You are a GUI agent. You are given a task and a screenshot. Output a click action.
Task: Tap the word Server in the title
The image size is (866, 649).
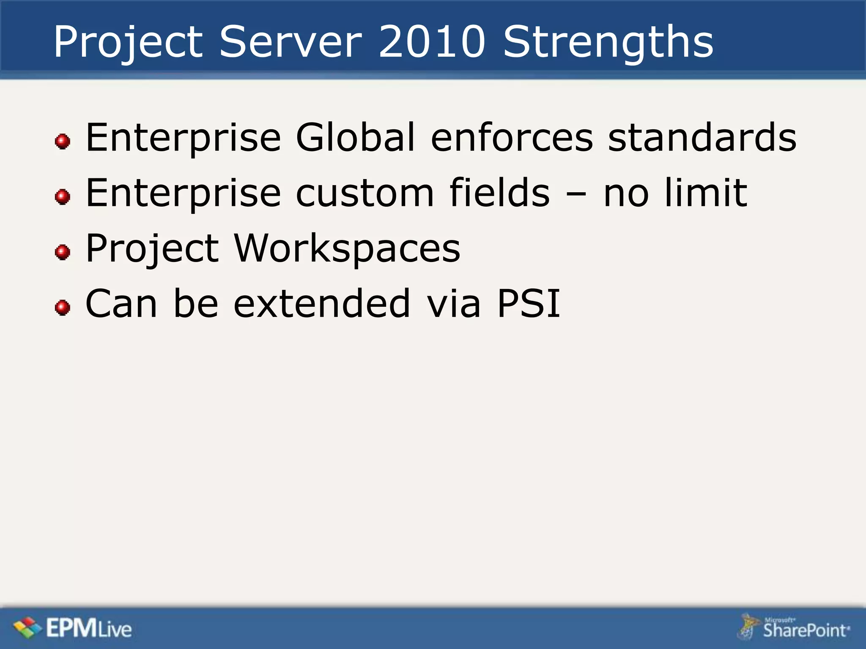(x=290, y=42)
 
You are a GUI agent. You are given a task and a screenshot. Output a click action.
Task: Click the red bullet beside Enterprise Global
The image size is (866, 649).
(x=63, y=141)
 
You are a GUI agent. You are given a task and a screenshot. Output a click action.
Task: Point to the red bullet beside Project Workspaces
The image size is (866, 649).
(x=63, y=252)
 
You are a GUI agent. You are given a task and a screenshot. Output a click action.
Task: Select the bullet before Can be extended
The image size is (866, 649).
(x=63, y=307)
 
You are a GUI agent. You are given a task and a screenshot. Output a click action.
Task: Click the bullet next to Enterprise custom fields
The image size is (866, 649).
(x=63, y=196)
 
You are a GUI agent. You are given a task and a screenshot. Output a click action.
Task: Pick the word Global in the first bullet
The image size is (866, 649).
(x=355, y=137)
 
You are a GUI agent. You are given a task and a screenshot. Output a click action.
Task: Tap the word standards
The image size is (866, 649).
(x=702, y=137)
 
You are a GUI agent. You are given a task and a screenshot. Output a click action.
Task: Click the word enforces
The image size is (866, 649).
(x=512, y=137)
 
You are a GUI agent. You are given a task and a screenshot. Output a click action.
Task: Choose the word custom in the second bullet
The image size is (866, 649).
(x=364, y=193)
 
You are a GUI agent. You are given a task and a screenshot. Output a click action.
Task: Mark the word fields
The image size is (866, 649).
(x=499, y=193)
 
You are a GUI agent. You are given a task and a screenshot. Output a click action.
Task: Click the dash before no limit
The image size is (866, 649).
(x=576, y=195)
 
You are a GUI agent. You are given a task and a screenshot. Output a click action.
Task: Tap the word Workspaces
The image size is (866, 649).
(x=347, y=248)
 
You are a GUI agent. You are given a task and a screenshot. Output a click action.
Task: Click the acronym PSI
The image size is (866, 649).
(x=529, y=303)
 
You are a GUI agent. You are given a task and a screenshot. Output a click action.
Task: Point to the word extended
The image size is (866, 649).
(x=322, y=303)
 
